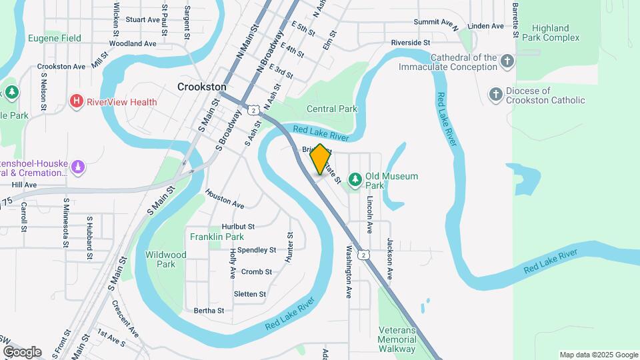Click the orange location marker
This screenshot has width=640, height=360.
(320, 160)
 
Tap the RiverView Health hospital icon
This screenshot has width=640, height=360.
(77, 102)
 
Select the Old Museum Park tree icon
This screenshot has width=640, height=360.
(355, 179)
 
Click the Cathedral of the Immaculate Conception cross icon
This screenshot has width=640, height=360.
(507, 62)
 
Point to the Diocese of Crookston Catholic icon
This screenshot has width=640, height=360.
(495, 95)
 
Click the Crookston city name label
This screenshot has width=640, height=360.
(202, 87)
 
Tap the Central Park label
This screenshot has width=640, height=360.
(332, 109)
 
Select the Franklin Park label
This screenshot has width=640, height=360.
(217, 237)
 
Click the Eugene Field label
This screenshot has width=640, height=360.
(55, 39)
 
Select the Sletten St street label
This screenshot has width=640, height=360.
(250, 294)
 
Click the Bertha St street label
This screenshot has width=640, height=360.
(209, 311)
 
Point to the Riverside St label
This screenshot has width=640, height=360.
(411, 42)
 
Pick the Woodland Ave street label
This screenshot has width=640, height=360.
(132, 43)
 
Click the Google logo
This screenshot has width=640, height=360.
(22, 351)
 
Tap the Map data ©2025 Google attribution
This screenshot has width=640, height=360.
(598, 355)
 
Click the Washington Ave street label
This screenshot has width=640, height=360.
(348, 272)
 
